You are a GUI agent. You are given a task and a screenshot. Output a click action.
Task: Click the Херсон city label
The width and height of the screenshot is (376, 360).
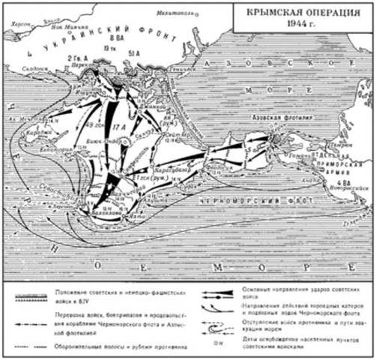tap(16, 23)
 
